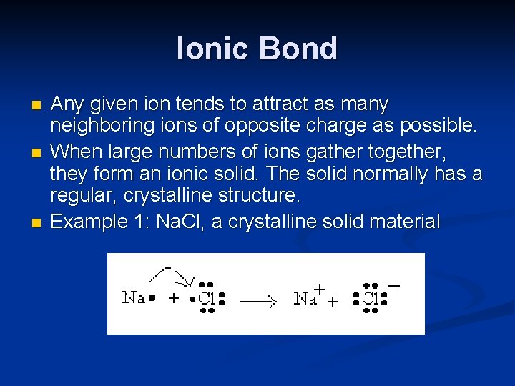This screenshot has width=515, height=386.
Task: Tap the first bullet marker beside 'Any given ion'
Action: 37,106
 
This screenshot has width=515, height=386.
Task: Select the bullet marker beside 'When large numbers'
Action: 37,153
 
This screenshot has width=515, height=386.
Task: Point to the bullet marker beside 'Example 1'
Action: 37,223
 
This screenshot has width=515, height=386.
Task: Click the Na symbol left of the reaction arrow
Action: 134,297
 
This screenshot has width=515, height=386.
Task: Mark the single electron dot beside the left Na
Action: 152,298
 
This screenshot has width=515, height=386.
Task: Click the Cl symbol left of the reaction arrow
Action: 207,299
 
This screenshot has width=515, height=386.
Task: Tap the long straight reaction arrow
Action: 258,302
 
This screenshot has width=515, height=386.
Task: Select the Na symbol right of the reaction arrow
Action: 305,299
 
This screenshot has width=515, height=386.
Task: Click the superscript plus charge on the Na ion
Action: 320,289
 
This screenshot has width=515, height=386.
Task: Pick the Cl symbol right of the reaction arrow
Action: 370,299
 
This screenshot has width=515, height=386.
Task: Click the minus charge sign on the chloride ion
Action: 394,285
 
